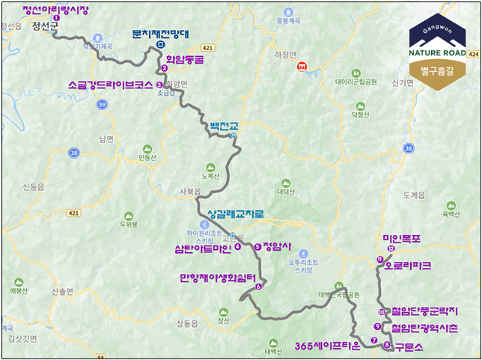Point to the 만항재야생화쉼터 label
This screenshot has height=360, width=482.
(218, 276)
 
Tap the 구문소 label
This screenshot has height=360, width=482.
(409, 346)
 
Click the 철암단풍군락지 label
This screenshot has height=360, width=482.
(422, 312)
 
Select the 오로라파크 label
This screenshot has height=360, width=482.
(408, 264)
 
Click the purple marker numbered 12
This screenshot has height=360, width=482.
(391, 248)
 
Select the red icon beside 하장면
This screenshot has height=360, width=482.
(301, 67)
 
